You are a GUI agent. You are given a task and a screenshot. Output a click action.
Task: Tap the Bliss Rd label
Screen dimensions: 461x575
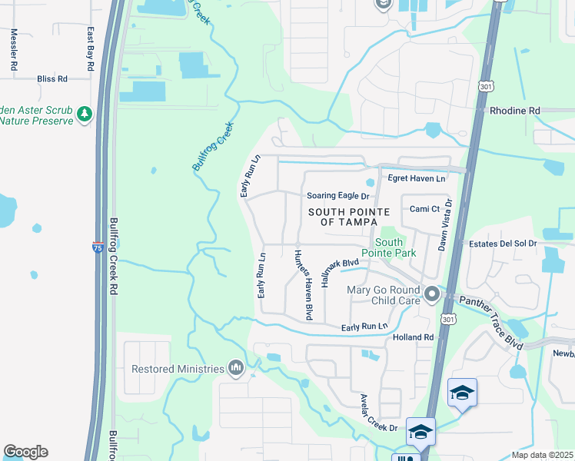pos(52,78)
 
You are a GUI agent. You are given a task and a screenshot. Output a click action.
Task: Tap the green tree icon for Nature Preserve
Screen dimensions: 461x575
pos(84,114)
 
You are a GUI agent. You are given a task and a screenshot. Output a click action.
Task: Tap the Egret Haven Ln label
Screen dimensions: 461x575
pos(417,178)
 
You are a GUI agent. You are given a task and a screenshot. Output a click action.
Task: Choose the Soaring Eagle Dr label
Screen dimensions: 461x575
pos(337,197)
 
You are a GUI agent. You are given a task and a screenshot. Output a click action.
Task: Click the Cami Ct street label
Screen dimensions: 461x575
pos(424,209)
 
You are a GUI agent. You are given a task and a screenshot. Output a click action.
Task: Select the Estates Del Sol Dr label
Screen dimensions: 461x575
pos(503,244)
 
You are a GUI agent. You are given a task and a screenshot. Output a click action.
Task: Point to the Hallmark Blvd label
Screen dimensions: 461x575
pos(341,271)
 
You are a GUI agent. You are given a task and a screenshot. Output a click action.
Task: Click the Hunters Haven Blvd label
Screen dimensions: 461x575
pos(301,285)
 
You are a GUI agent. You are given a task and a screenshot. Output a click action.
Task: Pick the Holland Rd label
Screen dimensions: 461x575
pos(413,337)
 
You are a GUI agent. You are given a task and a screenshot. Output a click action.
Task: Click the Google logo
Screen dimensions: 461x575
pos(25,452)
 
